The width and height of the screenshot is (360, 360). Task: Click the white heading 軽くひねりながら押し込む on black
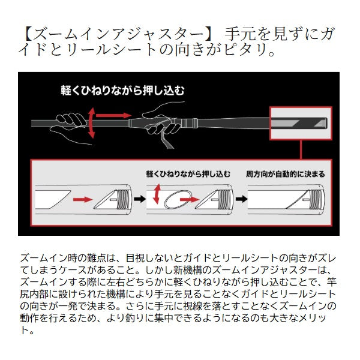point(122,91)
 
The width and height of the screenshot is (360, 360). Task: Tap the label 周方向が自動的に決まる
point(286,174)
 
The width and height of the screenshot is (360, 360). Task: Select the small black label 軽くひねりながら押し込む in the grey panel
point(188,174)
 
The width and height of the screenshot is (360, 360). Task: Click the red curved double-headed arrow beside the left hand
point(91,122)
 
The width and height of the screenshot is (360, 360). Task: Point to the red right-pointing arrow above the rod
point(113,115)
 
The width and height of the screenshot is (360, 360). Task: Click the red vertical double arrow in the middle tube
point(157,194)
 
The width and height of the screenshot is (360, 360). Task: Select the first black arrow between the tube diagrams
point(140,199)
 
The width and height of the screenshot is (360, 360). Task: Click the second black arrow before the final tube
point(241,199)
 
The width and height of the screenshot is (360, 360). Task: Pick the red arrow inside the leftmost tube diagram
point(83,199)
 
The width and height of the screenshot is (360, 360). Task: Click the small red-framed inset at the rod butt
point(301,123)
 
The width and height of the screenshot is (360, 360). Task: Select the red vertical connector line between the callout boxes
point(301,149)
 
